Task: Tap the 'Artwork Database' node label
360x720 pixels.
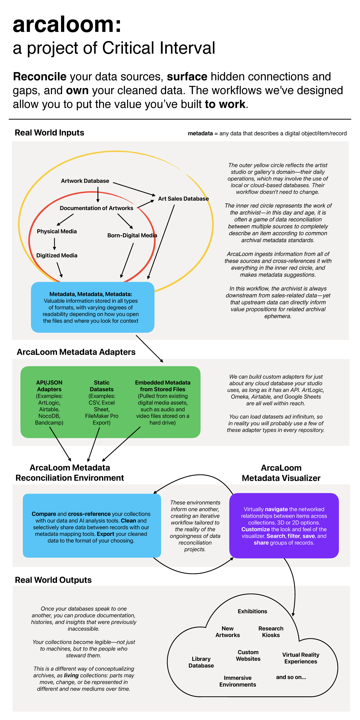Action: tap(85, 181)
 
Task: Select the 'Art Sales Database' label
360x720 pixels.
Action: tap(183, 199)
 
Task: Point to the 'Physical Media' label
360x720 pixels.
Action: tap(57, 231)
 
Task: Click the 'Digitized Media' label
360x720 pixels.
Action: tap(57, 255)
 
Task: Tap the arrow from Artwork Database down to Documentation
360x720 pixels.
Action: tap(98, 194)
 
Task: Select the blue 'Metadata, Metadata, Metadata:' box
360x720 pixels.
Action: tap(92, 307)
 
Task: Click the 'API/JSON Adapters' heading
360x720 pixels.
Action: tap(49, 386)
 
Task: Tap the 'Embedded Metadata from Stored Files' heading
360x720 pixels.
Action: tap(163, 386)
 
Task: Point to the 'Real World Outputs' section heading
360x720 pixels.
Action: tap(53, 580)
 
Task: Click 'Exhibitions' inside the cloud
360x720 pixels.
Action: tap(252, 611)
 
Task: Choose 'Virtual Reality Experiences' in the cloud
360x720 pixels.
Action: tap(301, 658)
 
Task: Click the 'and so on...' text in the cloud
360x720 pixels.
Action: tap(291, 677)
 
